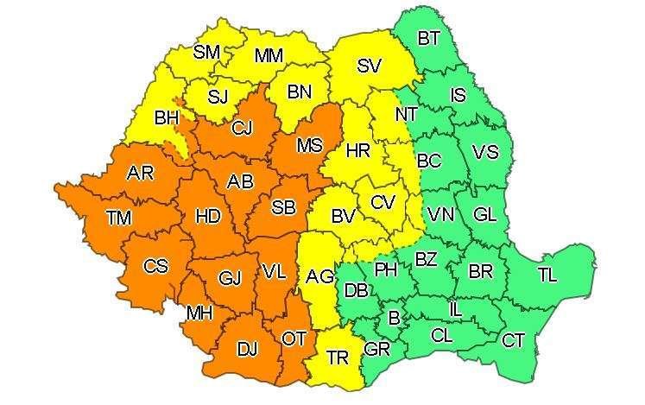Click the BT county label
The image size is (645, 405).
(x=428, y=38)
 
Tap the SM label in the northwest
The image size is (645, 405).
(x=206, y=52)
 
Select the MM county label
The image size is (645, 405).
(x=269, y=56)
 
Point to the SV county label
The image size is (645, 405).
(x=369, y=65)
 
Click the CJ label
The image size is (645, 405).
(x=243, y=129)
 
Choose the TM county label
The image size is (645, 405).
(x=119, y=218)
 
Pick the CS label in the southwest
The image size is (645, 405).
(x=155, y=266)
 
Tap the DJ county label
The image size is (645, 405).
(x=247, y=349)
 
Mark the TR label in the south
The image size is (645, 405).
(x=337, y=358)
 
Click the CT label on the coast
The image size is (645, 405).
(x=513, y=341)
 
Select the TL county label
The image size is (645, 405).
(x=547, y=275)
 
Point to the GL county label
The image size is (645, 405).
(x=485, y=213)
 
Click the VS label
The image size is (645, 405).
(x=485, y=152)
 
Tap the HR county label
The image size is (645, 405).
(x=357, y=151)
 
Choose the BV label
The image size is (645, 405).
(x=343, y=216)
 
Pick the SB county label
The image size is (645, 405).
(x=283, y=207)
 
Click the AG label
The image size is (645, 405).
(x=319, y=276)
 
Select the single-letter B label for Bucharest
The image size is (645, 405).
(x=395, y=319)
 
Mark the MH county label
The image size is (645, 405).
(x=200, y=313)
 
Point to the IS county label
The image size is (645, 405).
(x=458, y=95)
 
